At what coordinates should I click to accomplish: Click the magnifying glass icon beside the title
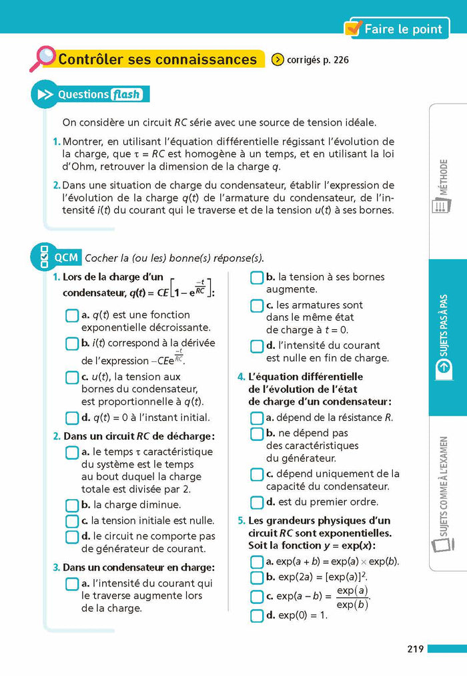point(41,57)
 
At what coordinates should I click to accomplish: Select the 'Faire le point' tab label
point(403,29)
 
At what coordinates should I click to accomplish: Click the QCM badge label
point(66,257)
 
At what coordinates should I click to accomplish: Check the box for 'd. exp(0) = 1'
point(257,615)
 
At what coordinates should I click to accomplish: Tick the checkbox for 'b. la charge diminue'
point(72,506)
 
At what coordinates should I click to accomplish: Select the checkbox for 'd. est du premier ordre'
point(257,502)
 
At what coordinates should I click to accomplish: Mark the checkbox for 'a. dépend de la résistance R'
point(257,418)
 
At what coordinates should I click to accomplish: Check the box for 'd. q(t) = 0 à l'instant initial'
point(72,418)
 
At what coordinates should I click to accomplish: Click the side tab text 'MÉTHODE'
point(444,177)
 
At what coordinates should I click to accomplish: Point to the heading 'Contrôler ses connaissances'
point(157,59)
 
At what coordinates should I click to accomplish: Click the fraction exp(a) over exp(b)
point(352,598)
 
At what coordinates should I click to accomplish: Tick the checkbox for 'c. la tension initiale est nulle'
point(72,521)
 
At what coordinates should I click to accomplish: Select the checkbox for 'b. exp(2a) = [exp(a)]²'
point(257,577)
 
